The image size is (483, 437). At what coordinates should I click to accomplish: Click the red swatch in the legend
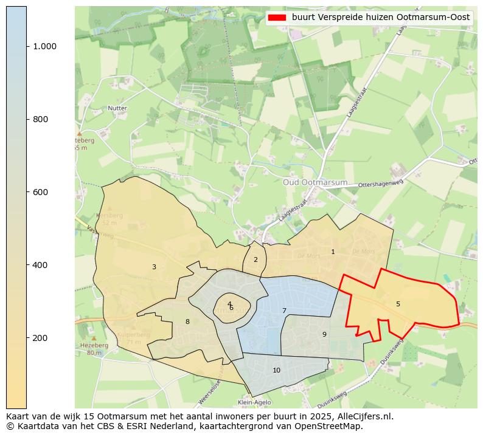tap(277, 18)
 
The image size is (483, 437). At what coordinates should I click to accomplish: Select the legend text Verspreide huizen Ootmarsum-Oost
tap(380, 18)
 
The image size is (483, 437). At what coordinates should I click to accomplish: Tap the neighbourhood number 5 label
tap(398, 304)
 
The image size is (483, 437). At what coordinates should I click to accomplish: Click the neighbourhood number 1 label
tap(333, 252)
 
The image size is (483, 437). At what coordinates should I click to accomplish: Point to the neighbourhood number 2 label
tap(255, 260)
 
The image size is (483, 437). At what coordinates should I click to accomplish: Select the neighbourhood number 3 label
tap(154, 267)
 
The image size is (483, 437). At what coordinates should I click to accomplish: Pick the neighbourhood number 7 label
tap(284, 311)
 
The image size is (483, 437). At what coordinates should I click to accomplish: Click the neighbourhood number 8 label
tap(187, 322)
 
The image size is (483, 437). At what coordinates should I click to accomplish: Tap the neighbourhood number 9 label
tap(324, 334)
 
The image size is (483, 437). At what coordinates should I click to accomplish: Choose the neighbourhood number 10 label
tap(277, 370)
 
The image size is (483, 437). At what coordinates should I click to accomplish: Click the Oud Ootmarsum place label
tap(315, 182)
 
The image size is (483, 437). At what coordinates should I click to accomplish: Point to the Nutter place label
tap(117, 108)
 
